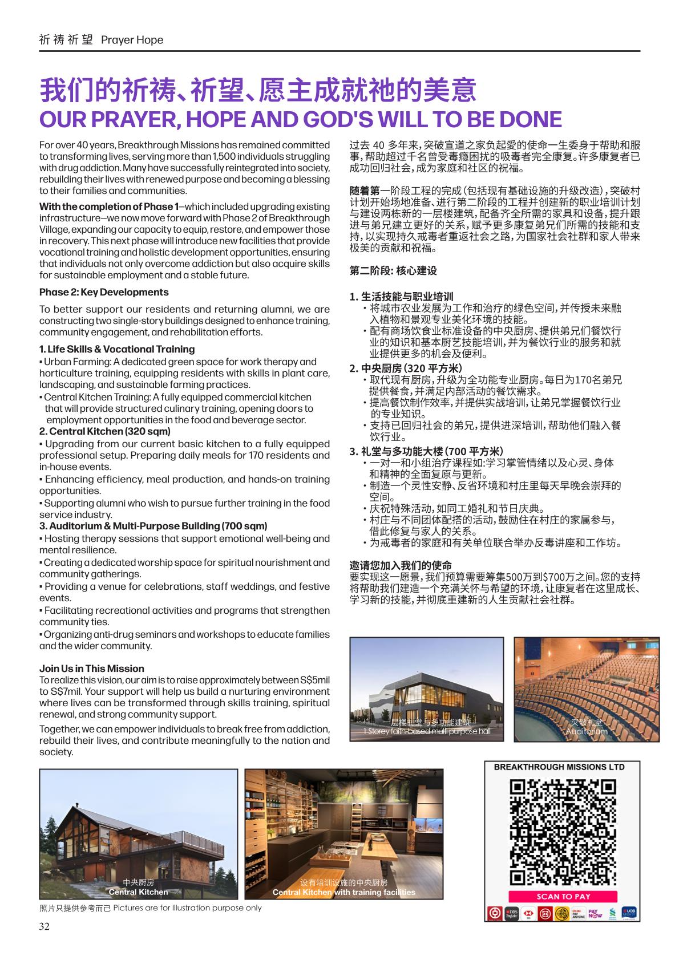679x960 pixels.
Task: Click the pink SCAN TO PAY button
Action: point(563,896)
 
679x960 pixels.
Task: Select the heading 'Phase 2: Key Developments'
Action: point(104,292)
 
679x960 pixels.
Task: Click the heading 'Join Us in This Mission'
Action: point(92,669)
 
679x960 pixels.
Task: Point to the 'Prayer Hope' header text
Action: point(132,40)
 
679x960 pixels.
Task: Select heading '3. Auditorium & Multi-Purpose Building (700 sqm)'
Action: point(153,526)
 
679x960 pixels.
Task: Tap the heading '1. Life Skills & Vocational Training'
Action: point(117,349)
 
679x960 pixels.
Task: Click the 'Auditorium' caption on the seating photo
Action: point(587,731)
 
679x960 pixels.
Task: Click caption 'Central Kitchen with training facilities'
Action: point(344,892)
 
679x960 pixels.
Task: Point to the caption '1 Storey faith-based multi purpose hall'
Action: point(427,731)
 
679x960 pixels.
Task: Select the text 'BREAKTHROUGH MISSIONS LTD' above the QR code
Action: point(559,767)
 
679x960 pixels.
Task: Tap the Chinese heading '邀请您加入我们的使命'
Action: point(401,565)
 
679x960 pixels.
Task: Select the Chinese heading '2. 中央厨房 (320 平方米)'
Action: point(406,368)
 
